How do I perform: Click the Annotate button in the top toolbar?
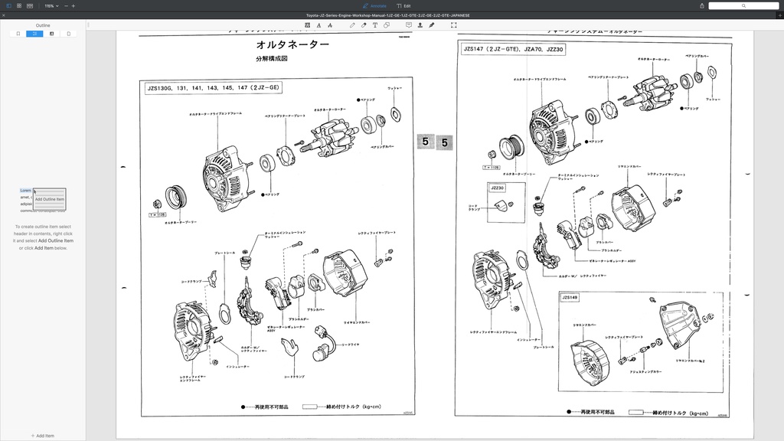[x=374, y=5]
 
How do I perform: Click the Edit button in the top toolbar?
[x=403, y=5]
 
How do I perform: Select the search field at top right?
[x=743, y=5]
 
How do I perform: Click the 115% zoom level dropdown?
[x=51, y=5]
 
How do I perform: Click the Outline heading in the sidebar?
[x=43, y=25]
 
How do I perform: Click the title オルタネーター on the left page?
[x=292, y=45]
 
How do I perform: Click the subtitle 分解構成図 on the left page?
[x=271, y=59]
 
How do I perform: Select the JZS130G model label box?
[x=214, y=88]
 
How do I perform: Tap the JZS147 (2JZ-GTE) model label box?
[x=513, y=50]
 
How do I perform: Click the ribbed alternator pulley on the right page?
[x=511, y=148]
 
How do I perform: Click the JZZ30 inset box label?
[x=497, y=188]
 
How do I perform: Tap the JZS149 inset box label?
[x=570, y=298]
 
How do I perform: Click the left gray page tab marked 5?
[x=425, y=142]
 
